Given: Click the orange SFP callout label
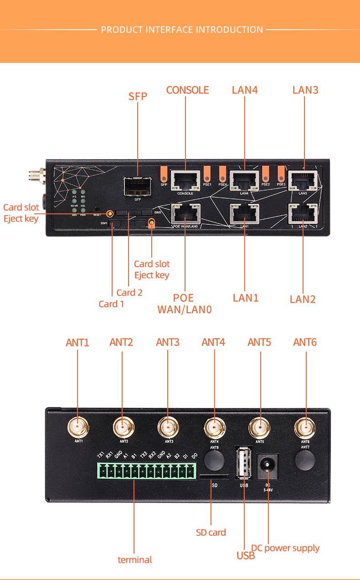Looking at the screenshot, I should click(x=138, y=96).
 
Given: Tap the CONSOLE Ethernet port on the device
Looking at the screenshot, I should click(x=185, y=181).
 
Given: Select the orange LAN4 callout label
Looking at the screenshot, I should click(x=245, y=90).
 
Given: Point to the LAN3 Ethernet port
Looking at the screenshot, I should click(x=303, y=181).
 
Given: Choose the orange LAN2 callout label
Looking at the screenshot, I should click(x=303, y=299).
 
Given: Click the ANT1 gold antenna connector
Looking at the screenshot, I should click(x=78, y=428).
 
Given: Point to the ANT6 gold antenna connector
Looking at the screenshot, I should click(x=305, y=428).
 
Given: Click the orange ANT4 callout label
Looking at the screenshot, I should click(x=213, y=342).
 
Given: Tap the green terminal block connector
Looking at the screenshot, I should click(x=146, y=471).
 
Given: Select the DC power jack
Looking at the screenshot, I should click(x=267, y=466).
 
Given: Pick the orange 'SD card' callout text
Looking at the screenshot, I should click(x=211, y=532).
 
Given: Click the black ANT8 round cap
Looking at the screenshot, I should click(x=215, y=461).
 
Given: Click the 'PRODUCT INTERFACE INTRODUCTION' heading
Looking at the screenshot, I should click(x=182, y=30).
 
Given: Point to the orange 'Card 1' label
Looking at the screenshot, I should click(x=111, y=304).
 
